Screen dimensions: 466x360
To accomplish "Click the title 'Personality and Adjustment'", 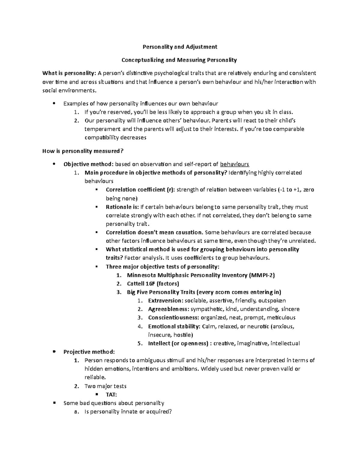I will (179, 47).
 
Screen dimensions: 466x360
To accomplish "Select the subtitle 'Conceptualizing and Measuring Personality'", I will (179, 60).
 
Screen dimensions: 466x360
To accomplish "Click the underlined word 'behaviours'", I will (235, 164).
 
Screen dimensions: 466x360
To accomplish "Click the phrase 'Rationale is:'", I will (122, 207).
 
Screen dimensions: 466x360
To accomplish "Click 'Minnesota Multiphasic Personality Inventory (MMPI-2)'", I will (201, 275).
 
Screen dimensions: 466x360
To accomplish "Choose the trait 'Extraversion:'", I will (165, 301).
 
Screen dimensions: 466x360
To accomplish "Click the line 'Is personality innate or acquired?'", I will (128, 412).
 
